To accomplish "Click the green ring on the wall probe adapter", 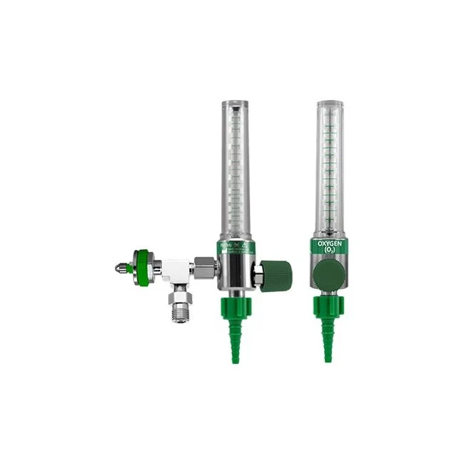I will (x=143, y=264).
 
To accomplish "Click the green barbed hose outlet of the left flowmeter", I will (x=233, y=336).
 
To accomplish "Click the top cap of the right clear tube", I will (x=326, y=105).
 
